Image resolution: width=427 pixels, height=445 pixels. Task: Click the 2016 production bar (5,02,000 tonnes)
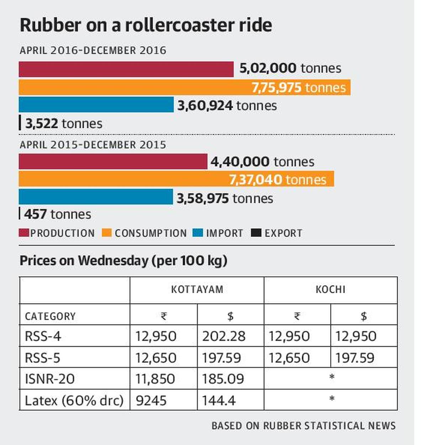[x=126, y=69]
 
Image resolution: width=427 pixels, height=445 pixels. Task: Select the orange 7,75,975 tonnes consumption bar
[x=184, y=88]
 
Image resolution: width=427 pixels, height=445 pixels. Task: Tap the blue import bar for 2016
[x=96, y=105]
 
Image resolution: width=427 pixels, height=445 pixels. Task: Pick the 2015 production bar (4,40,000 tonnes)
[x=113, y=162]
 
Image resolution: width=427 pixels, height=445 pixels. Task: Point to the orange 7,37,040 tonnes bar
[x=176, y=179]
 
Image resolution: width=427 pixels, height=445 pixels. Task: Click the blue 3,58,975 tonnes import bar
[x=96, y=197]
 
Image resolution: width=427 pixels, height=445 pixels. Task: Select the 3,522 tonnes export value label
[x=63, y=124]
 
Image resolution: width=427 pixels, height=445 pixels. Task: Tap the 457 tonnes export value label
[x=57, y=214]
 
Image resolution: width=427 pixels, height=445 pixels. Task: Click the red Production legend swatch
[x=24, y=233]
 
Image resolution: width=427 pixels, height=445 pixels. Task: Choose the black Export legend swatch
[x=256, y=233]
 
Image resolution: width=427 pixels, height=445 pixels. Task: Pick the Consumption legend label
[x=151, y=233]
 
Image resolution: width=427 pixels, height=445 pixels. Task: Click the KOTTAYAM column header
[x=197, y=289]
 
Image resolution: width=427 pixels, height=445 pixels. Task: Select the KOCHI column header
[x=330, y=289]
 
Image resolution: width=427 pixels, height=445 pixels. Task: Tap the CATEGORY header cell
[x=50, y=316]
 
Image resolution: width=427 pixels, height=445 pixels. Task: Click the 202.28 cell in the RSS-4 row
[x=224, y=336]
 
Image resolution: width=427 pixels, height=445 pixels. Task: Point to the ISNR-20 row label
[x=49, y=379]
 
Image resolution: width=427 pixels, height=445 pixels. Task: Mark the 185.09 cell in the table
[x=223, y=379]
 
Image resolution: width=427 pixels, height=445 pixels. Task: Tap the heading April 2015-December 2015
[x=93, y=145]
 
